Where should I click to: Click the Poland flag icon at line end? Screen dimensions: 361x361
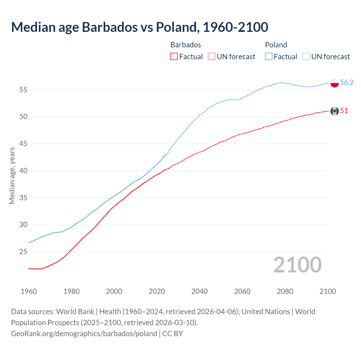click(334, 83)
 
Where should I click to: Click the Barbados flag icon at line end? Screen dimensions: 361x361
click(334, 111)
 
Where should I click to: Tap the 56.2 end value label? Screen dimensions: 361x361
click(347, 82)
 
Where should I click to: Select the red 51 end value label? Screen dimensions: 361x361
click(344, 111)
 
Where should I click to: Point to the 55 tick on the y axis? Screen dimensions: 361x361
click(23, 90)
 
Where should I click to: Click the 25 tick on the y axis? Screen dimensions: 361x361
click(23, 252)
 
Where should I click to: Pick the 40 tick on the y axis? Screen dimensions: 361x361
click(23, 171)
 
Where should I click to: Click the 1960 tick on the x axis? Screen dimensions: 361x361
click(29, 291)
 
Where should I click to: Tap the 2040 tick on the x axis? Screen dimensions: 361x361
click(199, 291)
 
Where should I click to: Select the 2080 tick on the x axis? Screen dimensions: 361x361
click(285, 291)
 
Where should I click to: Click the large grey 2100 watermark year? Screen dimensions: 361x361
click(297, 265)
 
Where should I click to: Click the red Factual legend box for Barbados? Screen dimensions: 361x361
click(174, 56)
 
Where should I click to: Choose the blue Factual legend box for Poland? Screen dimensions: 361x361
click(268, 56)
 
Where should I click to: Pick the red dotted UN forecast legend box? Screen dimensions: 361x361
click(211, 56)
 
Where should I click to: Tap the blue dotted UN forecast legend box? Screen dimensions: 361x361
click(306, 56)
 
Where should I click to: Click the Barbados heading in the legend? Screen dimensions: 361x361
click(186, 45)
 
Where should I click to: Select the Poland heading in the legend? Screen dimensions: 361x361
click(276, 45)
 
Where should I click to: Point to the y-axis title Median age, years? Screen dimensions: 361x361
click(12, 175)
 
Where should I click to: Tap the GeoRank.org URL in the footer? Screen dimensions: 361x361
click(84, 333)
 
